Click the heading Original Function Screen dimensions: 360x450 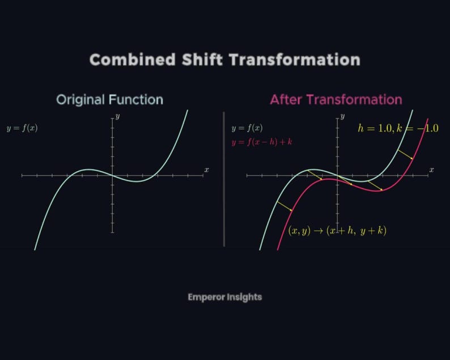pyautogui.click(x=109, y=100)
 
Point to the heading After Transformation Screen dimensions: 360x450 pyautogui.click(x=336, y=100)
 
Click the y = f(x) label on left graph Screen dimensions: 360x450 pyautogui.click(x=22, y=128)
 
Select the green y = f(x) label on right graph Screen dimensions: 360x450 pyautogui.click(x=247, y=128)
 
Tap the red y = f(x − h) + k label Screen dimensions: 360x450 pyautogui.click(x=261, y=142)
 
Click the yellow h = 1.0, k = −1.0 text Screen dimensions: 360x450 pyautogui.click(x=398, y=128)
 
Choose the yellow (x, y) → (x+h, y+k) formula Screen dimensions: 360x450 pyautogui.click(x=337, y=231)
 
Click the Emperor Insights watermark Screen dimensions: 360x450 pyautogui.click(x=224, y=297)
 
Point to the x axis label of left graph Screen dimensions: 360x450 pyautogui.click(x=206, y=170)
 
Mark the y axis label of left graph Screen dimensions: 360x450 pyautogui.click(x=117, y=116)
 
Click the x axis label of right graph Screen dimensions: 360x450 pyautogui.click(x=431, y=170)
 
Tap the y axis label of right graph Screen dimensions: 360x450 pyautogui.click(x=343, y=116)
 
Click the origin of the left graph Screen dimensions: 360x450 pyautogui.click(x=112, y=176)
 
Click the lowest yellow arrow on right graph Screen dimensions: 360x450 pyautogui.click(x=285, y=206)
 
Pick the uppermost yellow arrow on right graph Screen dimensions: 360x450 pyautogui.click(x=405, y=154)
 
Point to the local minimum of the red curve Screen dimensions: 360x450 pyautogui.click(x=379, y=190)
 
